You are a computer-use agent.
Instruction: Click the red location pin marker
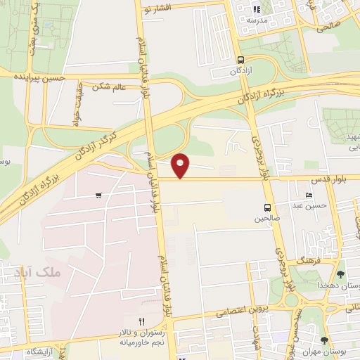tap(181, 165)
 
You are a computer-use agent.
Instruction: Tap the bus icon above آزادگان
tap(241, 60)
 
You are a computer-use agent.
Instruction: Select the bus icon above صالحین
tap(267, 207)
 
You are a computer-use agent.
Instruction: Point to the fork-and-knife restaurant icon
tap(141, 321)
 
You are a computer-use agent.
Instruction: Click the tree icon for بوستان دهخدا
tap(341, 274)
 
